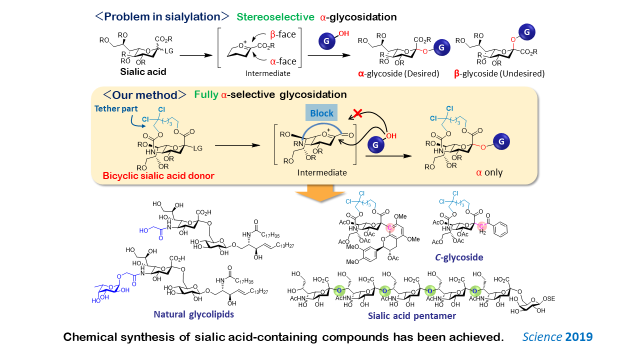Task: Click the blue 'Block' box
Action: (x=321, y=113)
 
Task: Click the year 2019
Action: (x=579, y=337)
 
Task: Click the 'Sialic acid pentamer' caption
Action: (x=411, y=316)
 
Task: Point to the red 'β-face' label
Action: (x=283, y=34)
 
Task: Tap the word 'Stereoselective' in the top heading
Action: (x=275, y=16)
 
